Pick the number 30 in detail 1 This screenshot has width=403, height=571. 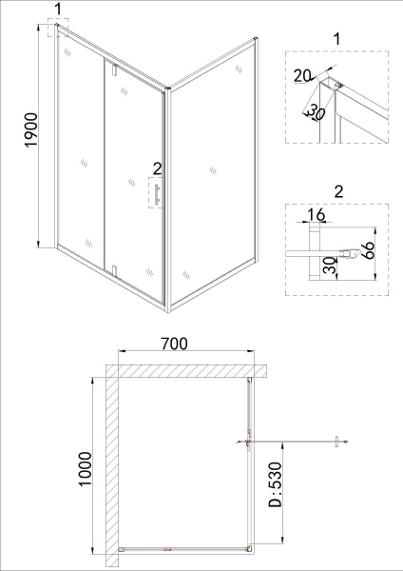[x=310, y=108]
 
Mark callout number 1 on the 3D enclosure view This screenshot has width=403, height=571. [x=59, y=9]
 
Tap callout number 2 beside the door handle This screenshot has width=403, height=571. [x=156, y=168]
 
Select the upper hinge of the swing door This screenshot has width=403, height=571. [x=112, y=69]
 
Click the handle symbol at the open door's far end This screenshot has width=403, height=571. [x=336, y=441]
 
